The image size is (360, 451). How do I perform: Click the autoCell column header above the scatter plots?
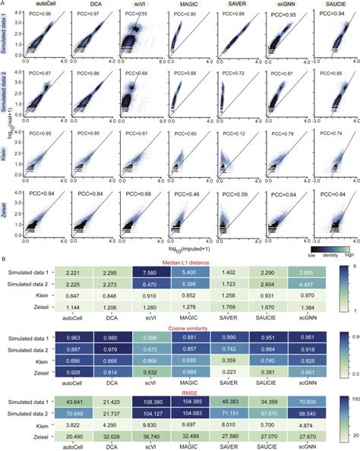tap(43, 5)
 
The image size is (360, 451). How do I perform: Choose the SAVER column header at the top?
tap(232, 5)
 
